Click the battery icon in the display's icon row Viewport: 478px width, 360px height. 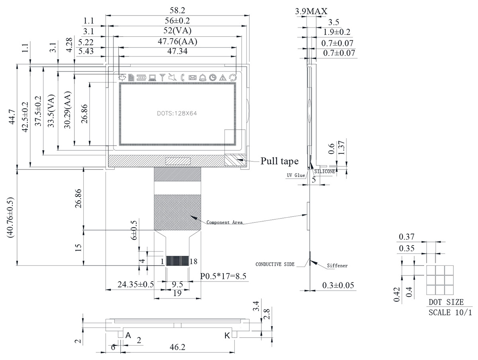click(141, 78)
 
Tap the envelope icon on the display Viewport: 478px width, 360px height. click(192, 78)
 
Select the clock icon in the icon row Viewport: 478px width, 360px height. click(213, 78)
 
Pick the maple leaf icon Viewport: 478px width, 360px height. click(122, 78)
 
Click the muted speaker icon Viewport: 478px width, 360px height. click(172, 77)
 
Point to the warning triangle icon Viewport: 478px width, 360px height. click(223, 78)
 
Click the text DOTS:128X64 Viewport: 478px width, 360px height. click(177, 113)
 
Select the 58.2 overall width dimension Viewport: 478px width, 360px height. click(177, 10)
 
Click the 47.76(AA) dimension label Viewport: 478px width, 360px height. click(177, 41)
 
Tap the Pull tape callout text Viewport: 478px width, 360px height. click(279, 161)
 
